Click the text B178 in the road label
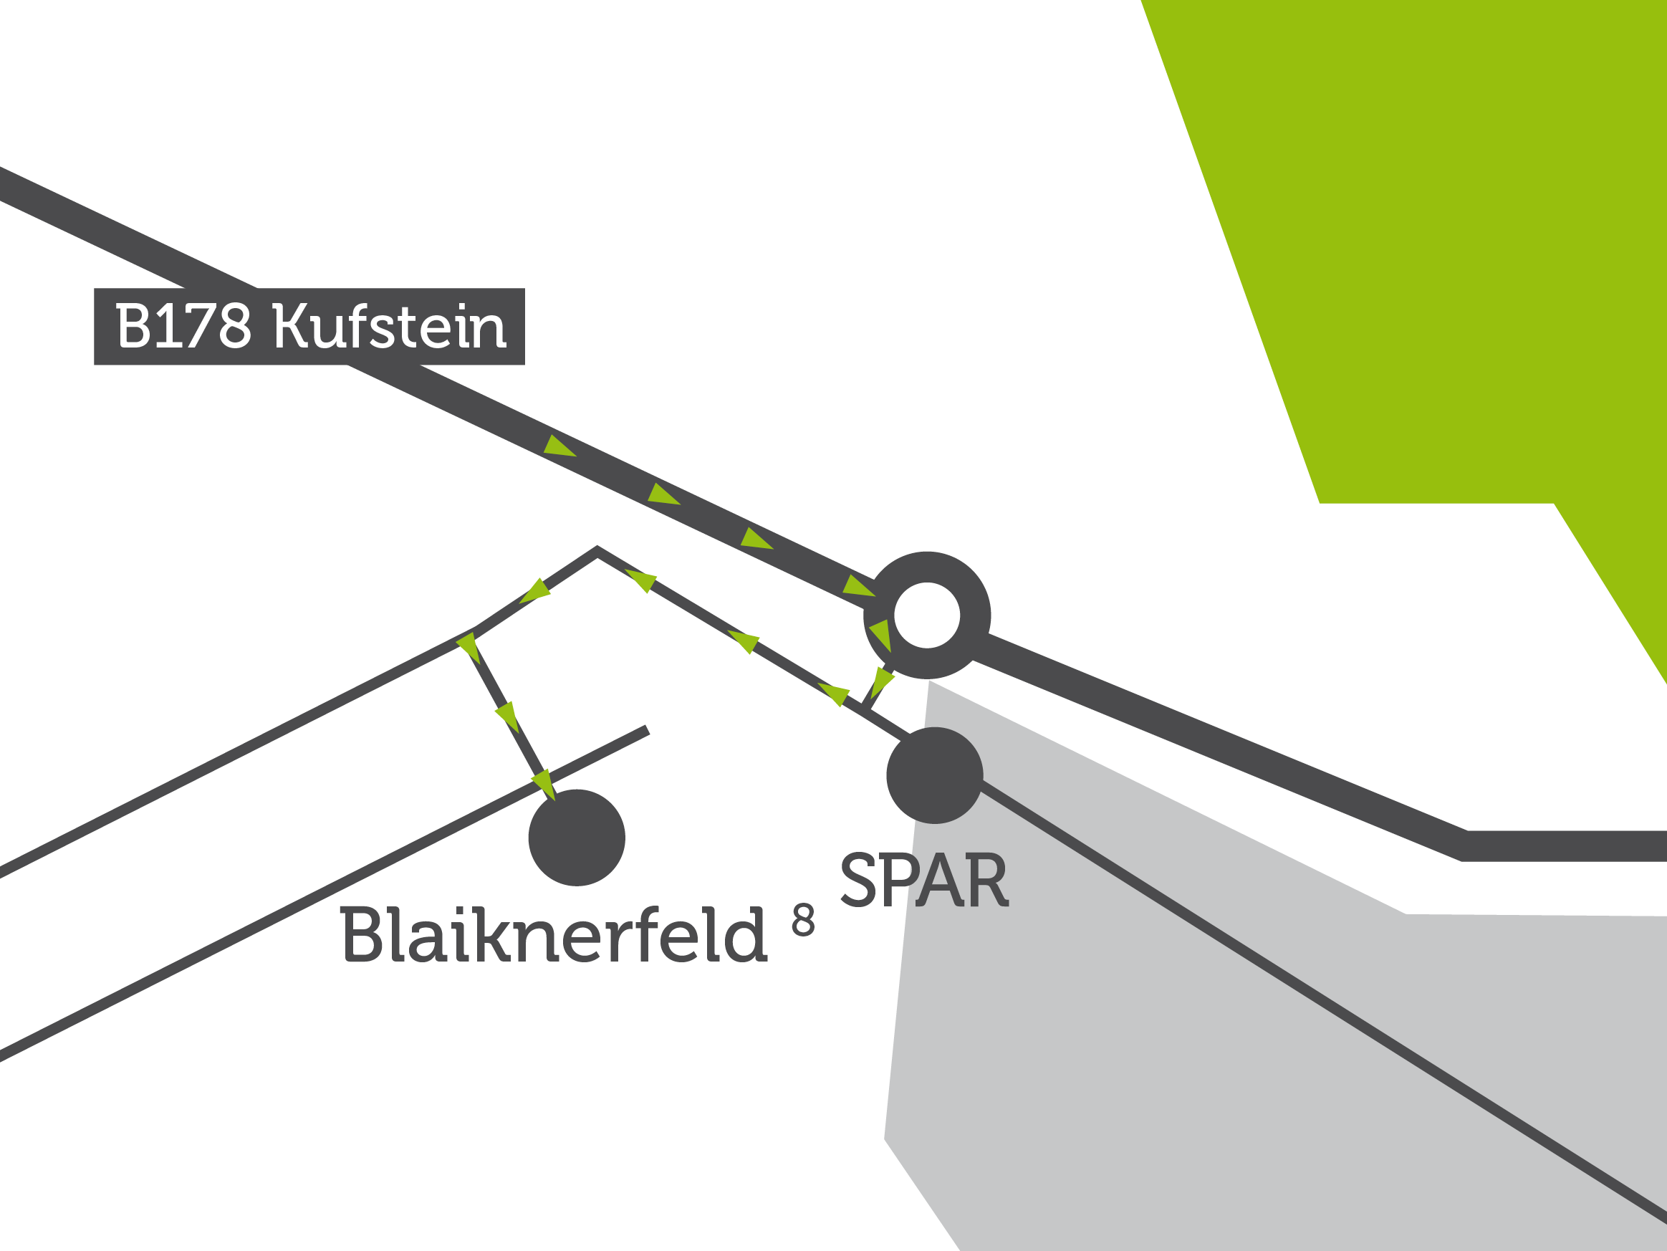[x=183, y=325]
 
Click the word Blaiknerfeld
[x=553, y=934]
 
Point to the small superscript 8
[x=803, y=920]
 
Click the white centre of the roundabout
[x=926, y=615]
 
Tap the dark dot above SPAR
[x=934, y=775]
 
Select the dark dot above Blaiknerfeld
[x=577, y=838]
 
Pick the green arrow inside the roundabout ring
[x=882, y=633]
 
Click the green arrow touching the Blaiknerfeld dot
[x=545, y=785]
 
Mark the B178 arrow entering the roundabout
[x=857, y=586]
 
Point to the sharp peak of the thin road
[x=597, y=552]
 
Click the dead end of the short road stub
[x=646, y=729]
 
